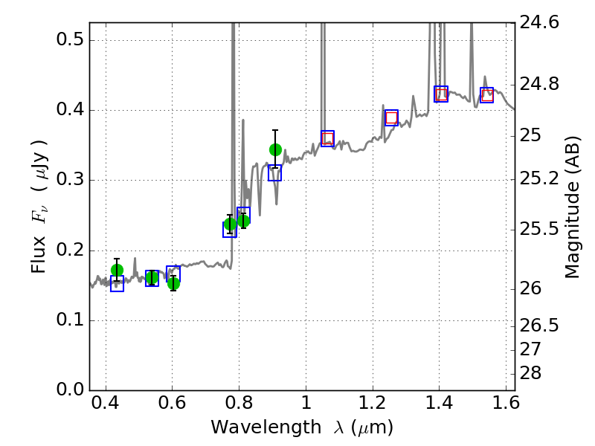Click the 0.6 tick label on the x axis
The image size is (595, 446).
pos(172,407)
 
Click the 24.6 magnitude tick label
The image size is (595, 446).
pos(539,23)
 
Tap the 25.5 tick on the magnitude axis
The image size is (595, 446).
pos(539,228)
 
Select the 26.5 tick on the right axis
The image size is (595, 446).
pos(539,326)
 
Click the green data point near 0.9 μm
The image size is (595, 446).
pos(275,149)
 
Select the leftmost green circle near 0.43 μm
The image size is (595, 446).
pos(117,270)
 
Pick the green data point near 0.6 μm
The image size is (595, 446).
pos(173,283)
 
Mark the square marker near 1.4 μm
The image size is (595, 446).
pos(441,94)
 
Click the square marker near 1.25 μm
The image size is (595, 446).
pos(391,117)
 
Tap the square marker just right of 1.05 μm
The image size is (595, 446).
pos(327,138)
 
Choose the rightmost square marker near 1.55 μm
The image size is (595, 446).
pos(486,95)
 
